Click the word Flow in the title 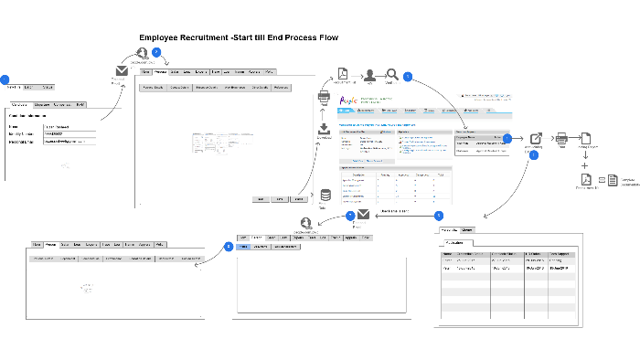click(326, 37)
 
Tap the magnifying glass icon click(392, 75)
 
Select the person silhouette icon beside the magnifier click(370, 75)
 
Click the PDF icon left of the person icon click(342, 74)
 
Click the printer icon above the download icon click(324, 97)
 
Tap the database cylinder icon click(325, 196)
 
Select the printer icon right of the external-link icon click(561, 138)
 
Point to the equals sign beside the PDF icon click(601, 180)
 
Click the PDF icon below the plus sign click(586, 180)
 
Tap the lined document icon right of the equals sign click(613, 180)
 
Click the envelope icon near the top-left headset click(121, 71)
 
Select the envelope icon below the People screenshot click(363, 216)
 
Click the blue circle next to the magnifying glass click(408, 76)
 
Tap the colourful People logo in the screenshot click(347, 101)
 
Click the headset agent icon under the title click(142, 54)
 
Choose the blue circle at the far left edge click(4, 80)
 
